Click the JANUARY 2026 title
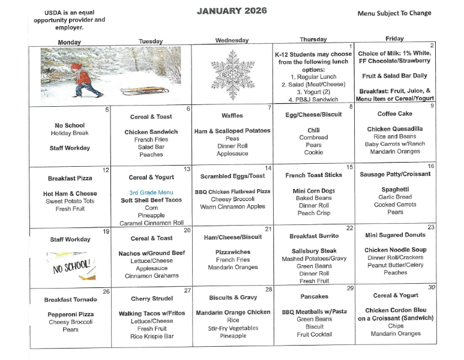tap(232, 11)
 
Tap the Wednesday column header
tap(231, 40)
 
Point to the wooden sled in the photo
tap(145, 91)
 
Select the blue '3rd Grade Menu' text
tap(151, 192)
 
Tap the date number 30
tap(432, 287)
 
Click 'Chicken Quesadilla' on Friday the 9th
tap(394, 129)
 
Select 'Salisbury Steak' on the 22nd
tap(314, 251)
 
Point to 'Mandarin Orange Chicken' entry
tap(233, 313)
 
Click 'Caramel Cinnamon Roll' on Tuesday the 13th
tap(151, 223)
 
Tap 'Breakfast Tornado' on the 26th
tap(70, 299)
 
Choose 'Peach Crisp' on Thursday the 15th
tap(314, 214)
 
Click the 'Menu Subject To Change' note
tap(394, 13)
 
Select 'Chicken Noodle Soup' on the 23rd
tap(395, 250)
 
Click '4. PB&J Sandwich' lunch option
tap(313, 100)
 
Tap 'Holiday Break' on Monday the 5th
tap(70, 133)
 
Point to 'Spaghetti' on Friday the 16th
tap(395, 189)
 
